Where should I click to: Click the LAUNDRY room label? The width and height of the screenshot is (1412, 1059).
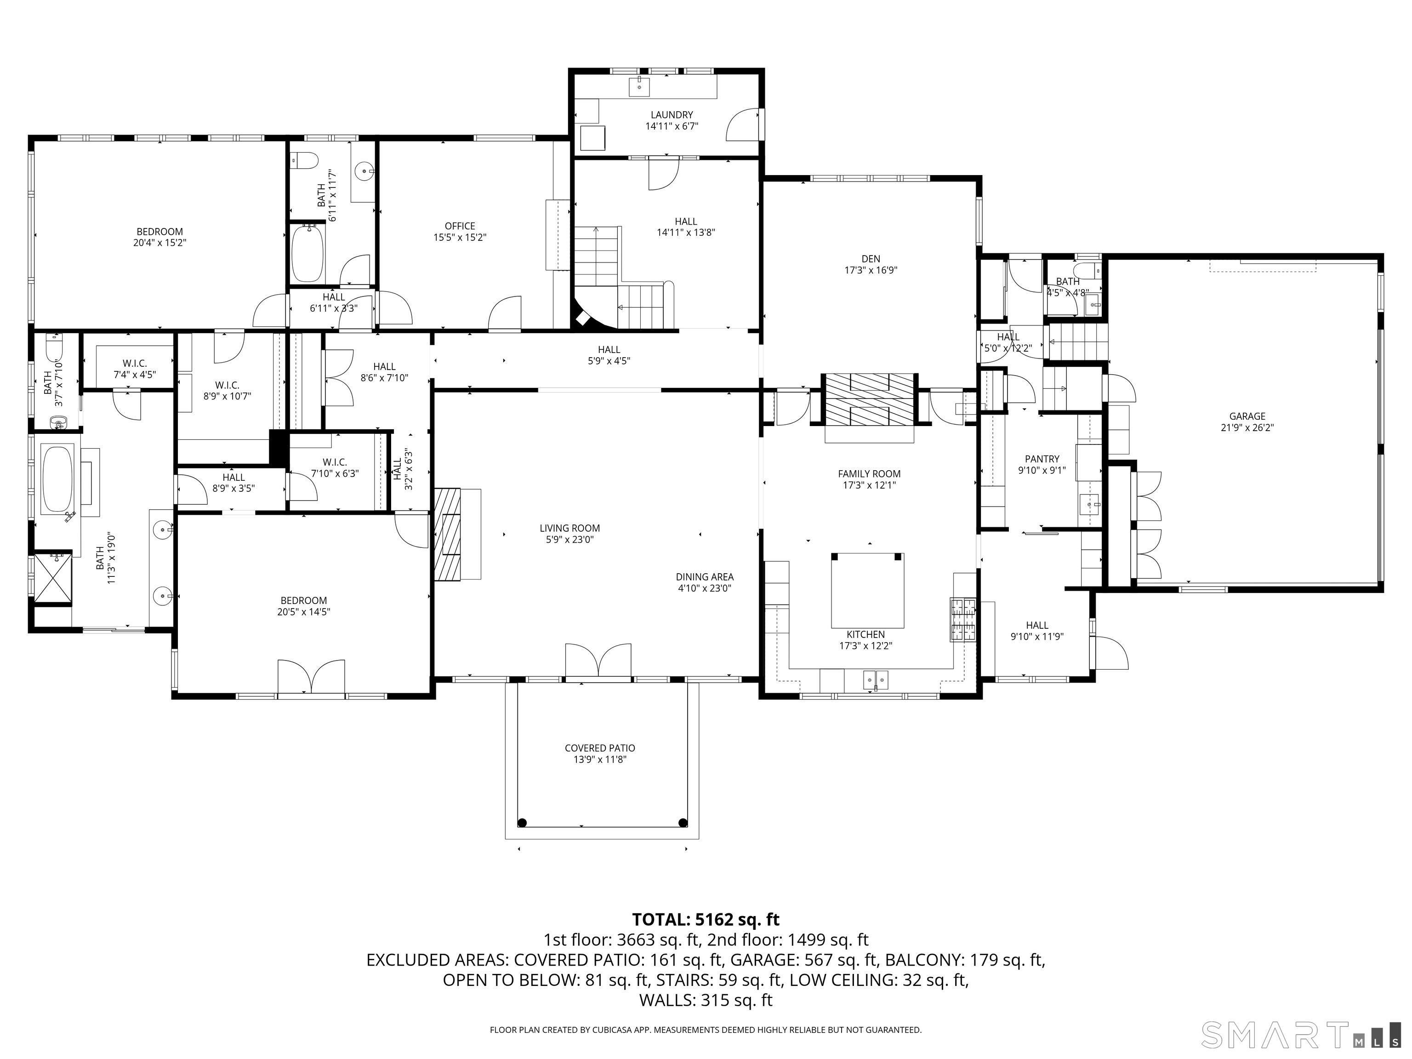[x=672, y=115]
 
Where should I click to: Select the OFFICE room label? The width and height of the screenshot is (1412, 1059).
[x=460, y=226]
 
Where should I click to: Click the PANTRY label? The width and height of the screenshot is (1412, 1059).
[x=1042, y=459]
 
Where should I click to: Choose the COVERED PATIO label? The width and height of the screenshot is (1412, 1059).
[x=599, y=748]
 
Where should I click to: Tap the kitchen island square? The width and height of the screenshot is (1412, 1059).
[x=867, y=591]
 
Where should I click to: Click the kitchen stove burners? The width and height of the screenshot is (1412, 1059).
[x=963, y=619]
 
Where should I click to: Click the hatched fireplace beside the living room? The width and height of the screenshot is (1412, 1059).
[x=448, y=534]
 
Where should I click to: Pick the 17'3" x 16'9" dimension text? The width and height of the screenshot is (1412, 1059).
[x=871, y=270]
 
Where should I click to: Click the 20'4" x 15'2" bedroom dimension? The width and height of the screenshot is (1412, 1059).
[x=159, y=243]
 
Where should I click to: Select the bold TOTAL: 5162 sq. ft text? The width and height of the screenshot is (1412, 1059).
[x=706, y=919]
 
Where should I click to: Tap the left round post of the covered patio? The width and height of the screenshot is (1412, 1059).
[x=522, y=822]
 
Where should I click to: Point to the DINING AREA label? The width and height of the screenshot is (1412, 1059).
[x=704, y=577]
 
